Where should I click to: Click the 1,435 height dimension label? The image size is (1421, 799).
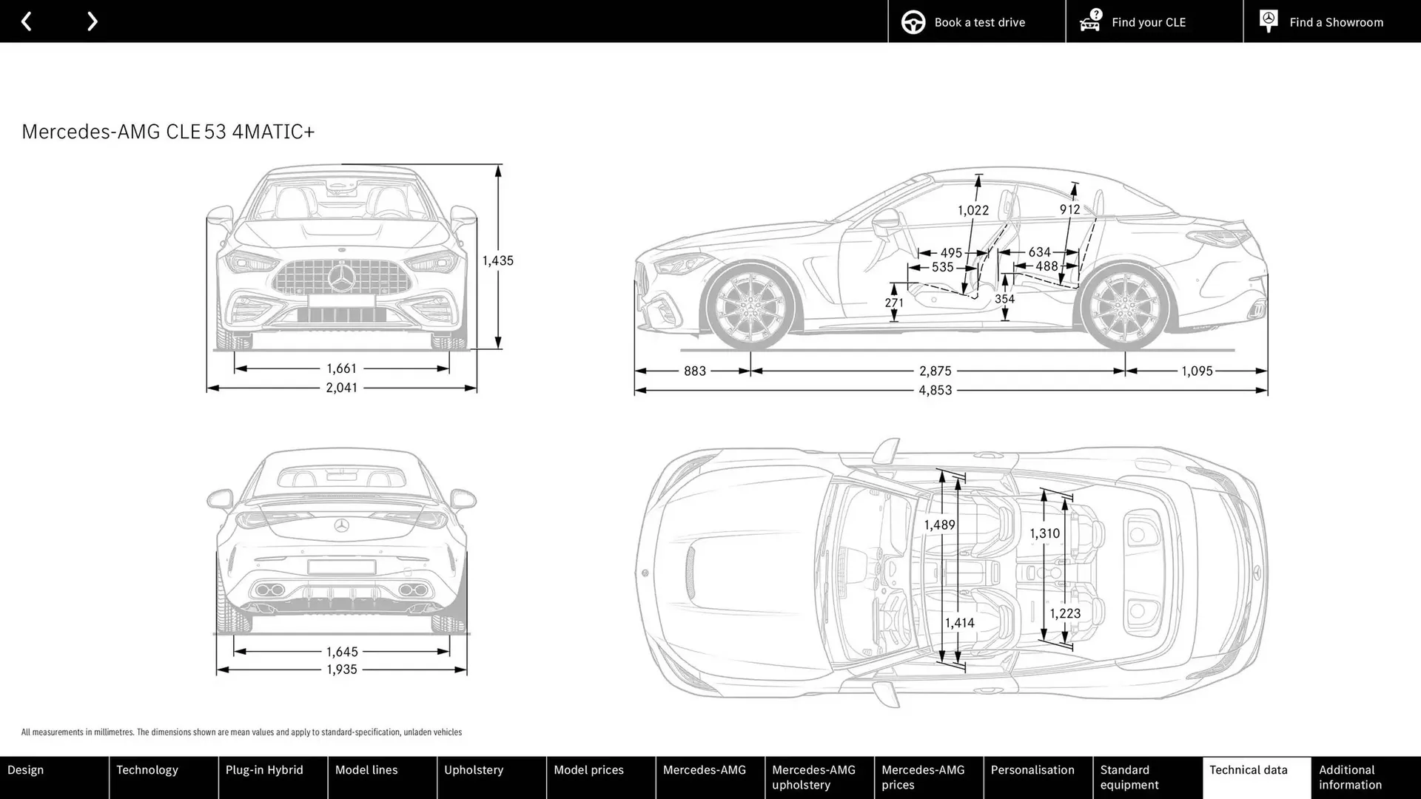click(x=497, y=260)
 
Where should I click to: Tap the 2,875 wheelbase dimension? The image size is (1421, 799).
click(x=935, y=371)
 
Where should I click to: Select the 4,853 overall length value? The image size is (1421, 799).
click(x=935, y=391)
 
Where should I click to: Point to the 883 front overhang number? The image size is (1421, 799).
click(x=694, y=371)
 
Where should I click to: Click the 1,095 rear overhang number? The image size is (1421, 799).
click(x=1196, y=371)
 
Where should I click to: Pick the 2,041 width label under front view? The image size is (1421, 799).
click(x=341, y=388)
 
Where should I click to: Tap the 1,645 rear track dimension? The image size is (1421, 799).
click(x=341, y=652)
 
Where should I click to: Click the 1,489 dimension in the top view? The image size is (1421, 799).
click(x=939, y=525)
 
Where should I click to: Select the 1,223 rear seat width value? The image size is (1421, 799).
click(x=1064, y=613)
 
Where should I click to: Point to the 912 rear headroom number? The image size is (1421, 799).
click(x=1069, y=209)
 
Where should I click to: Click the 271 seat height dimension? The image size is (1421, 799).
click(x=893, y=303)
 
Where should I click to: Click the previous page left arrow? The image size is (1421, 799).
click(x=27, y=21)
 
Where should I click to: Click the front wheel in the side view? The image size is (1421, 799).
click(x=750, y=307)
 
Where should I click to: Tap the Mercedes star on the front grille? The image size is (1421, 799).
click(x=341, y=279)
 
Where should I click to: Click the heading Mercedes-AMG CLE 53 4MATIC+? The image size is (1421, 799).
click(x=168, y=132)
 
